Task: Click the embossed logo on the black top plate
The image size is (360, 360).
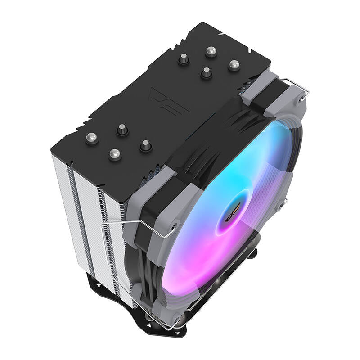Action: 163,101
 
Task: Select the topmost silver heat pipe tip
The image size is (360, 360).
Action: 211,51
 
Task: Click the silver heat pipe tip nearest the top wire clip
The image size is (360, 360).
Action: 234,65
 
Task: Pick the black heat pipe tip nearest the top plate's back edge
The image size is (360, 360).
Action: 184,59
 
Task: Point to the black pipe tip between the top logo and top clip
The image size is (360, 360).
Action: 206,72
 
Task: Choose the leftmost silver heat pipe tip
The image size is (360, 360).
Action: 92,138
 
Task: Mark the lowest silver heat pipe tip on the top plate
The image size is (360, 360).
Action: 115,154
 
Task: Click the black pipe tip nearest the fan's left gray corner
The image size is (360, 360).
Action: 145,145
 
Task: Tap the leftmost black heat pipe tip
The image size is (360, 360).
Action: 122,130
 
